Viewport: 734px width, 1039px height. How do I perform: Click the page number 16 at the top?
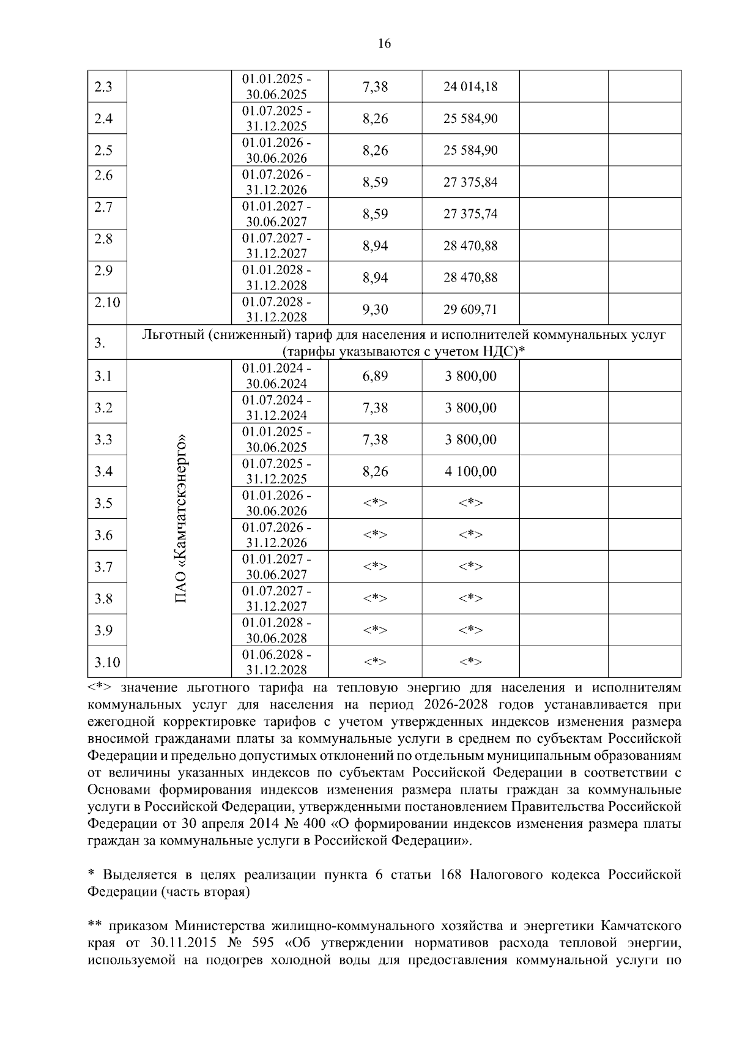tap(384, 43)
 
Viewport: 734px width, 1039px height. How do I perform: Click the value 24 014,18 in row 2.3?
tap(470, 87)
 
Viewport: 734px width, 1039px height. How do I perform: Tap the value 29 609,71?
tap(470, 310)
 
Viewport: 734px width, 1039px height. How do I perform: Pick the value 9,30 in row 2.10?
tap(375, 310)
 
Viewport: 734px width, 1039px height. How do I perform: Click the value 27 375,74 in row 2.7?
tap(470, 214)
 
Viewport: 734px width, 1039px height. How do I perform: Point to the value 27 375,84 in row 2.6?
tap(470, 182)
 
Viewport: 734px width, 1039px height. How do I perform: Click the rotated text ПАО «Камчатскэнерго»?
tap(181, 519)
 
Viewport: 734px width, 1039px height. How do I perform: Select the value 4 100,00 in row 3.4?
tap(470, 472)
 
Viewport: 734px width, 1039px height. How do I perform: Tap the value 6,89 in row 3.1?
tap(375, 376)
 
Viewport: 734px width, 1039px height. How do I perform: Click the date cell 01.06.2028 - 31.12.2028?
tap(276, 662)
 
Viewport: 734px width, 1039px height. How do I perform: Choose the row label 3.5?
tap(103, 504)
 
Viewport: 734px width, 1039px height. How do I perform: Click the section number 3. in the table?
tap(100, 343)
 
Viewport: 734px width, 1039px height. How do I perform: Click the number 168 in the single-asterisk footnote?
tap(451, 875)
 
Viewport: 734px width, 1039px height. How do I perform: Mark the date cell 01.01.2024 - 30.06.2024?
tap(276, 376)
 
